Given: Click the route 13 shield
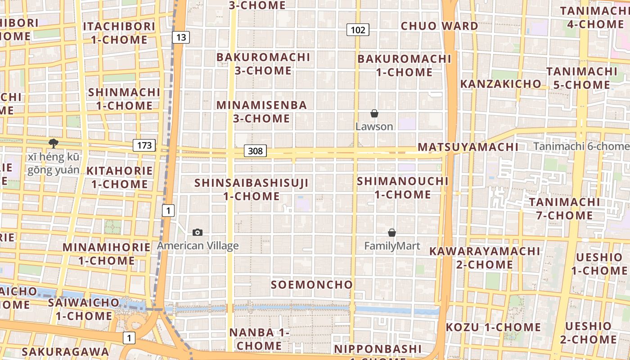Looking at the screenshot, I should [180, 37].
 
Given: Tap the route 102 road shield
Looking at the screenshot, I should [358, 30].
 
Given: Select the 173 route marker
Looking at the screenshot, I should [144, 145].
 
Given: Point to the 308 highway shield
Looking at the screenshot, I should [255, 151].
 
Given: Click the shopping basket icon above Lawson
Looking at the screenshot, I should [374, 113].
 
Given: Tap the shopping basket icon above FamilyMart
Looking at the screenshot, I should [392, 233].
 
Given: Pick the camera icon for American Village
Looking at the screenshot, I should [197, 232].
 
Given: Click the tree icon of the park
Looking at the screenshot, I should [54, 144].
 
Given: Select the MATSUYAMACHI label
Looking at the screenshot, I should [468, 147].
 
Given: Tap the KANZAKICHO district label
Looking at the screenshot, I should [500, 84].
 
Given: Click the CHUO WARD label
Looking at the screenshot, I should [439, 26].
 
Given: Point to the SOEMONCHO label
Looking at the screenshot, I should [312, 284].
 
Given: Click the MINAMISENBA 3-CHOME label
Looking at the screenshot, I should [261, 112].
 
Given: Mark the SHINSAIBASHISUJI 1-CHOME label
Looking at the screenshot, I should [252, 189].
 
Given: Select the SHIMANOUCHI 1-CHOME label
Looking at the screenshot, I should [403, 188].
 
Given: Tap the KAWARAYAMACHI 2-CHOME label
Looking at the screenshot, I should [484, 257].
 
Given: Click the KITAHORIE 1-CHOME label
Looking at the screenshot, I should [120, 177].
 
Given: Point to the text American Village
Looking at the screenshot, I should [198, 246].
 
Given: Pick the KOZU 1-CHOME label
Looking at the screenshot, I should [493, 327].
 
